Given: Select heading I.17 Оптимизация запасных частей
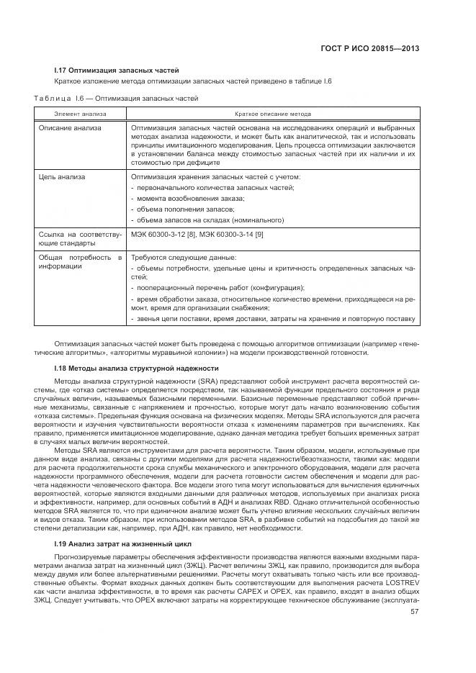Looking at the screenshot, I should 117,70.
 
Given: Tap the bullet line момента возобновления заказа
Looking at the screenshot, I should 188,198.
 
